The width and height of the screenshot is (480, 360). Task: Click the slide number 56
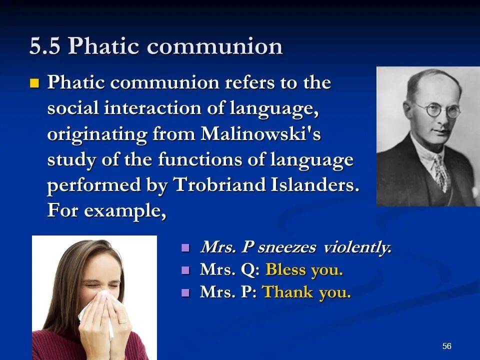pos(446,346)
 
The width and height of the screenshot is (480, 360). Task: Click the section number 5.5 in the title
pos(44,46)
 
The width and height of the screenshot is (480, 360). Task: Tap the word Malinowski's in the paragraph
pos(260,134)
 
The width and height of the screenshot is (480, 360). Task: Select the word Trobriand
pos(219,184)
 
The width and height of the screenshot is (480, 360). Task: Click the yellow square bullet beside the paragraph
pos(34,83)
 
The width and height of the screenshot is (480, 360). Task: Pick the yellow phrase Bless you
pos(304,269)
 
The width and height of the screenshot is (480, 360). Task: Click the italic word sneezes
pos(286,247)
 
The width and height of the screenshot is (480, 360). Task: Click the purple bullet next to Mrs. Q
pos(185,270)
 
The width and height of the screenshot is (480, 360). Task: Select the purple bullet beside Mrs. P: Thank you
pos(185,292)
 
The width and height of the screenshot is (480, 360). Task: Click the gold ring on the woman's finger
pos(122,321)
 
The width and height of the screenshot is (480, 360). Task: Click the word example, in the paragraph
pos(124,211)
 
